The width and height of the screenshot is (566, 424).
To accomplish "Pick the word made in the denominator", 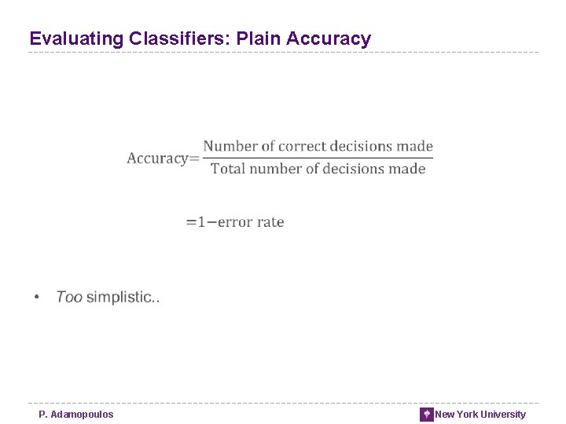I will pyautogui.click(x=406, y=169).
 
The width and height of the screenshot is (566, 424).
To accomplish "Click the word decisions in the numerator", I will pyautogui.click(x=361, y=146).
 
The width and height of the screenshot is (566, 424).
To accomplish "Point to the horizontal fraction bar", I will pyautogui.click(x=318, y=157).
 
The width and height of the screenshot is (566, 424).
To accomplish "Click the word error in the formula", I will pyautogui.click(x=234, y=222).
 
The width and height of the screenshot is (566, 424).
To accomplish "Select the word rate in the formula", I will pyautogui.click(x=270, y=222).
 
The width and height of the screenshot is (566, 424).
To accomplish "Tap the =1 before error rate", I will pyautogui.click(x=195, y=222).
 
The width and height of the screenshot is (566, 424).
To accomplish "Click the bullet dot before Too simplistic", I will pyautogui.click(x=36, y=298).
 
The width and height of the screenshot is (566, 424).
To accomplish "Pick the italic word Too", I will pyautogui.click(x=69, y=297).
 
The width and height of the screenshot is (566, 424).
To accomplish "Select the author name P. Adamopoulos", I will pyautogui.click(x=76, y=415).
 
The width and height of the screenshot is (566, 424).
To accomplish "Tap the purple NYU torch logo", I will pyautogui.click(x=427, y=415).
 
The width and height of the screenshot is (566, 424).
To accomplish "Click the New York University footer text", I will pyautogui.click(x=480, y=415).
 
